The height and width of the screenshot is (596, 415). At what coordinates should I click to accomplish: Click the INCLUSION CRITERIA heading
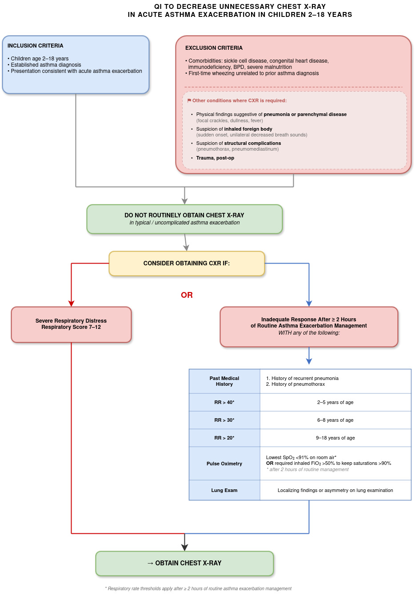coord(35,45)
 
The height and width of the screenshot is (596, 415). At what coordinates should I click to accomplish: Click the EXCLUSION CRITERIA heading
coord(214,48)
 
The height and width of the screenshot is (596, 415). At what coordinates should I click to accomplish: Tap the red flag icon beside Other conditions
coord(189,100)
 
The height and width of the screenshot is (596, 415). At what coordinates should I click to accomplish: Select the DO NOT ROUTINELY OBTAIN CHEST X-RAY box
coord(184,219)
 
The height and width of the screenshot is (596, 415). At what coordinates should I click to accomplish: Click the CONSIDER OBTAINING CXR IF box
coord(187,264)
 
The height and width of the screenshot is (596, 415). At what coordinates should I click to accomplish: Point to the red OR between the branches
coord(187,295)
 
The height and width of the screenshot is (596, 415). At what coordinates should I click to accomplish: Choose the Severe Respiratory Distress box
coord(71,324)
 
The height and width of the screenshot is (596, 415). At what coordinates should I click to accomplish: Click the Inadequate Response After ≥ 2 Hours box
coord(309,327)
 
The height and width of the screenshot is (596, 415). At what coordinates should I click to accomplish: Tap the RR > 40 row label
coord(224,402)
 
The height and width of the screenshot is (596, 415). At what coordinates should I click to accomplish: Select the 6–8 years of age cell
coord(335,420)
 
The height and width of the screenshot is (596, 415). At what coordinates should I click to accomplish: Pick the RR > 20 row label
coord(224,438)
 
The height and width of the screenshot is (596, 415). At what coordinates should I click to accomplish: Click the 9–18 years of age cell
coord(335,438)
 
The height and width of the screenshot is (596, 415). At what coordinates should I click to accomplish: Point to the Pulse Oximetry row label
coord(224,464)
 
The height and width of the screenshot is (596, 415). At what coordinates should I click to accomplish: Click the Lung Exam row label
coord(224,490)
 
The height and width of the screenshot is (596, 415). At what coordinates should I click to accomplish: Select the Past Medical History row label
coord(224,381)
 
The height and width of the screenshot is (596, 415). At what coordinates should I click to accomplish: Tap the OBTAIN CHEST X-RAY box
coord(184,563)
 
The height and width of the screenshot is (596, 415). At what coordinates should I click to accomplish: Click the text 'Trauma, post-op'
coord(215,158)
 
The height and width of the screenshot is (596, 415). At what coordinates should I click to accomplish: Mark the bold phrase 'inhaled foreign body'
coord(248,129)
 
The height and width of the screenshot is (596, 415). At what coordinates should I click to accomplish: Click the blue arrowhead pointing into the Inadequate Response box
coord(309,304)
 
